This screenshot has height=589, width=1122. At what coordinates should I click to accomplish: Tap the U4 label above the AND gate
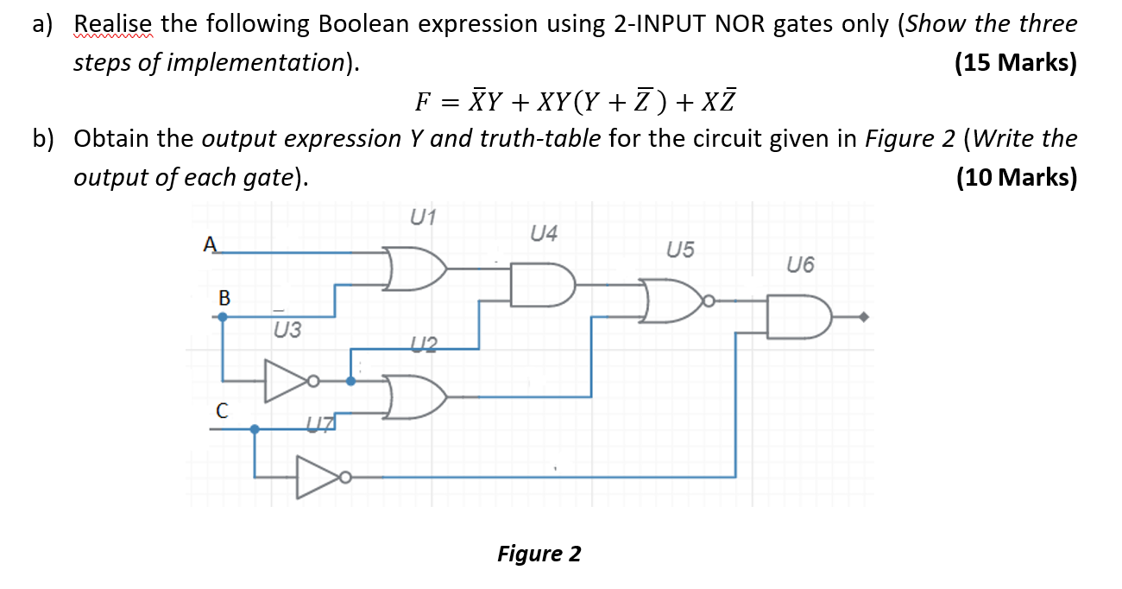[x=545, y=233]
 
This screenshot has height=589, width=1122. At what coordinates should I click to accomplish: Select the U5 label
[x=680, y=250]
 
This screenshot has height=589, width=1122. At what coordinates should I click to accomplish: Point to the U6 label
[x=800, y=265]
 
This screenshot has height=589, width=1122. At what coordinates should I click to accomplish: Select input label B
[x=224, y=298]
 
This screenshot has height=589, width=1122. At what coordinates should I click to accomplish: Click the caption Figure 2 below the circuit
[x=539, y=554]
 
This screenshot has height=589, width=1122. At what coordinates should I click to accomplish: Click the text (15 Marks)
[x=1016, y=63]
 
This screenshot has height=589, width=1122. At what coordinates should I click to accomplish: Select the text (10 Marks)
[x=1016, y=177]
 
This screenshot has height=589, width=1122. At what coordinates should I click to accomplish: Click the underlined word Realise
[x=113, y=24]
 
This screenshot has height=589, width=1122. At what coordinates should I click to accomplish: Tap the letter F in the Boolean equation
[x=422, y=102]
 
